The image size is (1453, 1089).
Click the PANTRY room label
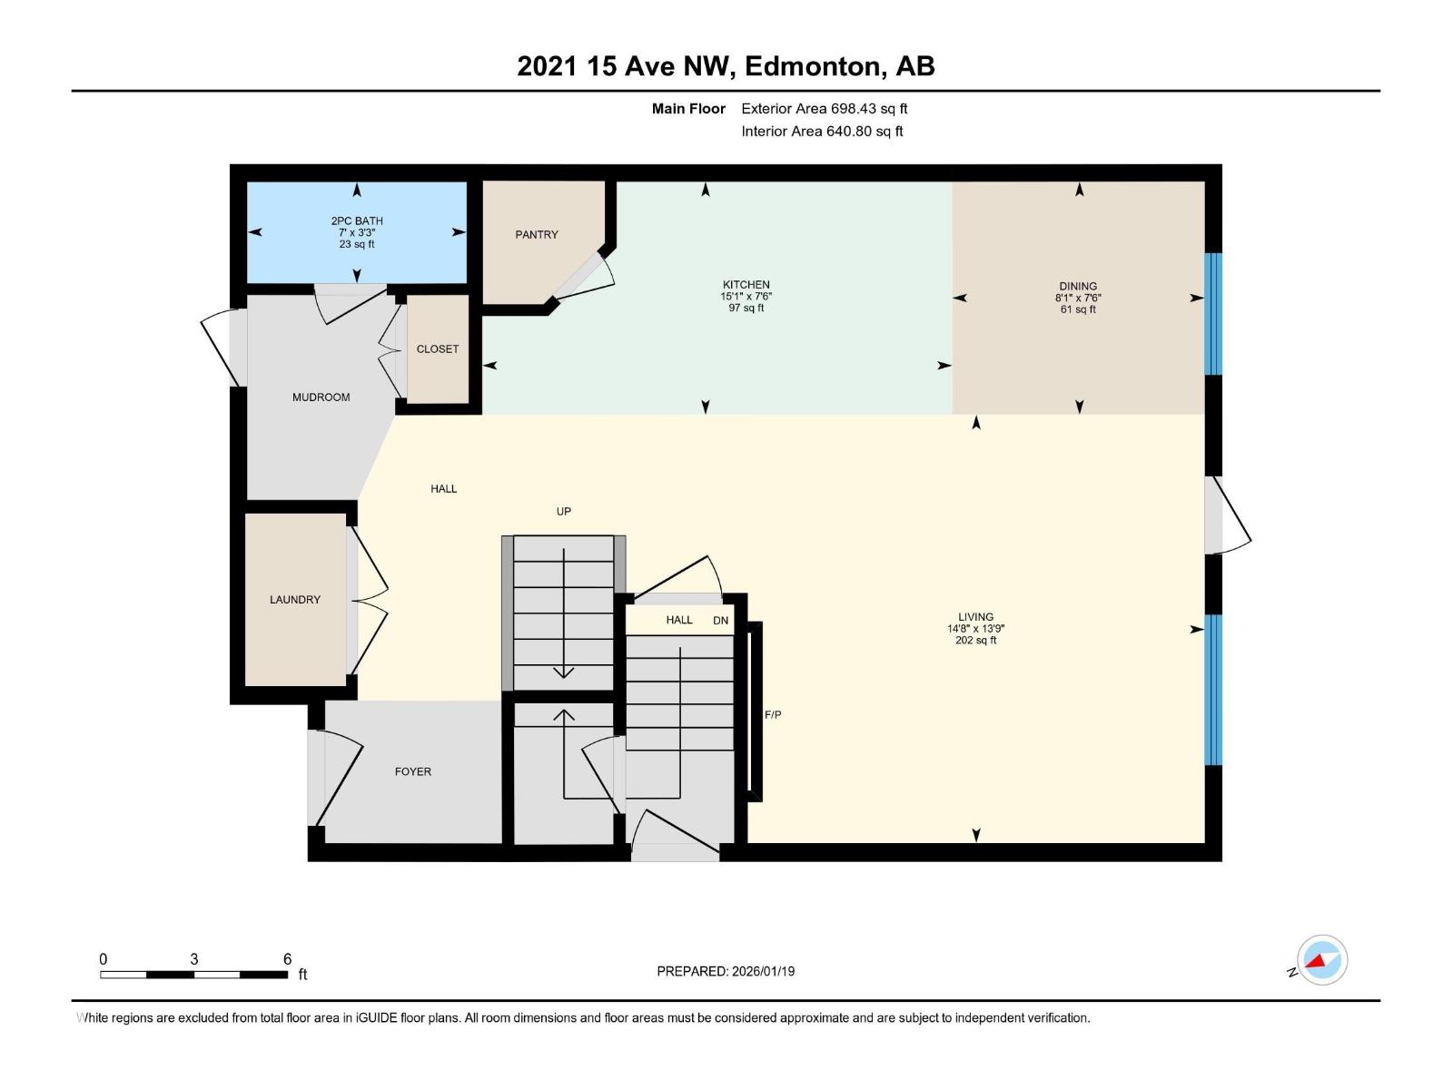tap(537, 234)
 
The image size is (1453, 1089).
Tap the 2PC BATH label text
tap(357, 221)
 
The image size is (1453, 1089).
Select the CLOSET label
tap(438, 348)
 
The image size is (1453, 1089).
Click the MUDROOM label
tap(321, 397)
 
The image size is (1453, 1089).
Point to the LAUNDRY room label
tap(295, 599)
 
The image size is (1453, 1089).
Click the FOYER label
tap(413, 771)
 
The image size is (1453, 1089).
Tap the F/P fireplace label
tap(773, 715)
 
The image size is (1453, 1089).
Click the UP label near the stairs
tap(564, 511)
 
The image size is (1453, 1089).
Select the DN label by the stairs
tap(721, 621)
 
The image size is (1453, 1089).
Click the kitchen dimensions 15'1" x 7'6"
tap(746, 296)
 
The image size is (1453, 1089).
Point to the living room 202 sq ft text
tap(976, 641)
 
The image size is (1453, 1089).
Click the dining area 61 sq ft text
tap(1078, 309)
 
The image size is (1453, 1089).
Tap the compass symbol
tap(1322, 960)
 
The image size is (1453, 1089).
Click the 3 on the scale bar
tap(194, 959)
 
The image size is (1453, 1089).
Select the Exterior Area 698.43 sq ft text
tap(825, 108)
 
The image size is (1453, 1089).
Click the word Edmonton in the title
tap(814, 66)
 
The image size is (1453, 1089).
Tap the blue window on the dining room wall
tap(1213, 313)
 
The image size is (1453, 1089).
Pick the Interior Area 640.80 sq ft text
tap(822, 131)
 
